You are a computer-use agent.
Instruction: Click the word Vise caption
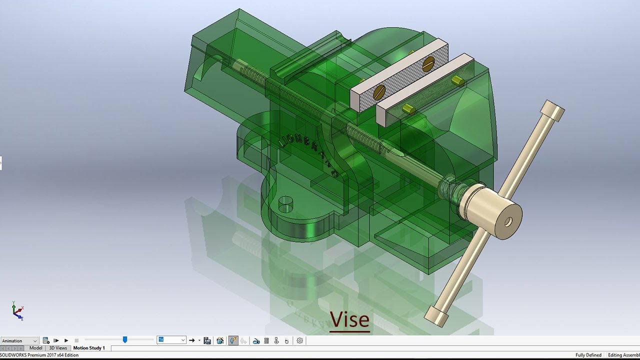point(349,319)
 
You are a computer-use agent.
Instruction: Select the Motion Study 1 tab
point(89,348)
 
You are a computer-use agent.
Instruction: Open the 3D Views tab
point(58,348)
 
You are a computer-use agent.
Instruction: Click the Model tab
point(35,348)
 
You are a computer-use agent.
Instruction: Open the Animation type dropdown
point(19,340)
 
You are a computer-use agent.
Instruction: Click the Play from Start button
point(56,340)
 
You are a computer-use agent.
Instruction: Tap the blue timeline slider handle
point(125,340)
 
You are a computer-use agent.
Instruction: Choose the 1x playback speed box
point(171,340)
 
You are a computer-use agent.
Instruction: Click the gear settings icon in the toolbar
point(299,340)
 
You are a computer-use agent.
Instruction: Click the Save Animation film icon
point(207,340)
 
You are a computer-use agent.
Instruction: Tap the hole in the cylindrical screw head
point(508,221)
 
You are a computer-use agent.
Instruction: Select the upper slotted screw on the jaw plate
point(428,64)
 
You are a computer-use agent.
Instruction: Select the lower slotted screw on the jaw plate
point(379,91)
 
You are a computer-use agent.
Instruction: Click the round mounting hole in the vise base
point(285,204)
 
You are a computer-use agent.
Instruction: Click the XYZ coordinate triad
point(17,311)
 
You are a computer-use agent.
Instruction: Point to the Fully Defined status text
point(588,355)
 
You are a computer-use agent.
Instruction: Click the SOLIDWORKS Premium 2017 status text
point(39,355)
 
